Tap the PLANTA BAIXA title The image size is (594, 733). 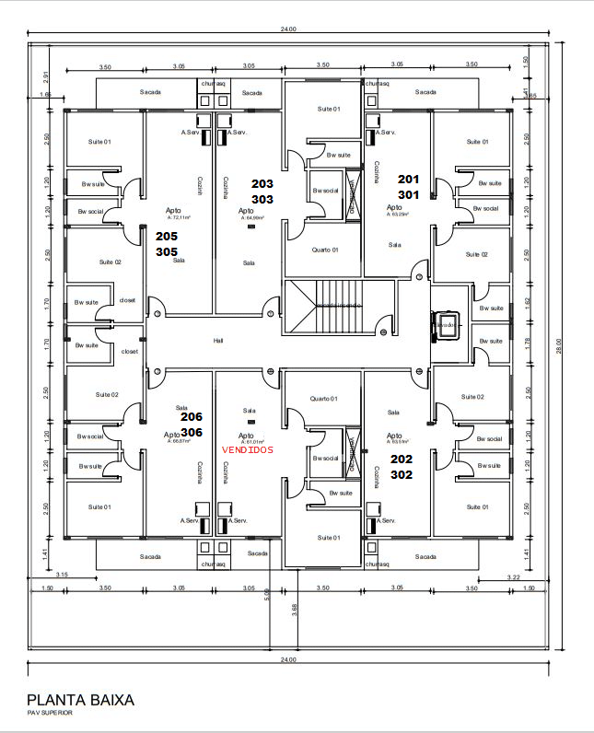click(x=80, y=700)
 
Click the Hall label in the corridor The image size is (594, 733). click(x=218, y=341)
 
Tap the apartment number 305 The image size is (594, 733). click(x=167, y=251)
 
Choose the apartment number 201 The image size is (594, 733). click(x=408, y=179)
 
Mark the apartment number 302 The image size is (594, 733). click(x=402, y=475)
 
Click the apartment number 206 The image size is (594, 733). click(x=192, y=417)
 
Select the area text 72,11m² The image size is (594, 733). click(x=178, y=218)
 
